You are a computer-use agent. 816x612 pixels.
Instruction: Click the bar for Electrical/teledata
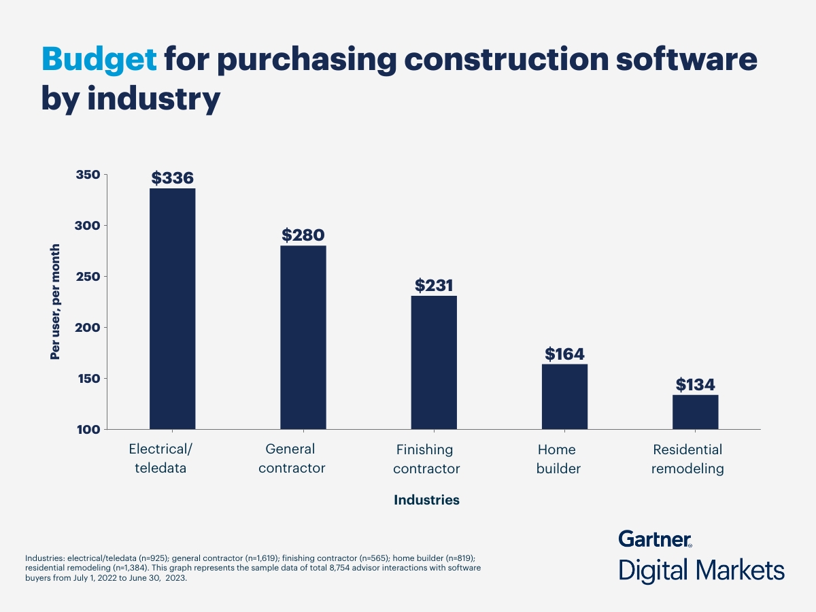(x=172, y=309)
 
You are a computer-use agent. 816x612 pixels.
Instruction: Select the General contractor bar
(x=303, y=337)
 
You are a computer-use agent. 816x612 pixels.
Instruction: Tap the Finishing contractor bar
(x=434, y=362)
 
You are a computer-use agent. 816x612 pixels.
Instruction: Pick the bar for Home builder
(x=564, y=396)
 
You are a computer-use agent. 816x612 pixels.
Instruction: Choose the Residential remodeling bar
(x=695, y=412)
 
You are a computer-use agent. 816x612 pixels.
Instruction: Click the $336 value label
(x=173, y=178)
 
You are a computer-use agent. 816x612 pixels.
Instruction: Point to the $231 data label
(x=434, y=286)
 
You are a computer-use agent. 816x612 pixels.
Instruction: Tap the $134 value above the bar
(x=695, y=385)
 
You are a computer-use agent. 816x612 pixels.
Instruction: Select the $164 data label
(x=564, y=354)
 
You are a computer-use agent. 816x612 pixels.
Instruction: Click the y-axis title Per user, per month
(x=55, y=301)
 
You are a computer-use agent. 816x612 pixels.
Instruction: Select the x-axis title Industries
(x=426, y=500)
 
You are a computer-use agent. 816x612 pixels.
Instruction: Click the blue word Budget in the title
(x=99, y=61)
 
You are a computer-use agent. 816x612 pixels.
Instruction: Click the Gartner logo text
(x=655, y=539)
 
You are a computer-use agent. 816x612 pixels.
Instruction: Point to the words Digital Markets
(x=701, y=570)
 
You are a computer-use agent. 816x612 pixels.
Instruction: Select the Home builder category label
(x=556, y=459)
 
